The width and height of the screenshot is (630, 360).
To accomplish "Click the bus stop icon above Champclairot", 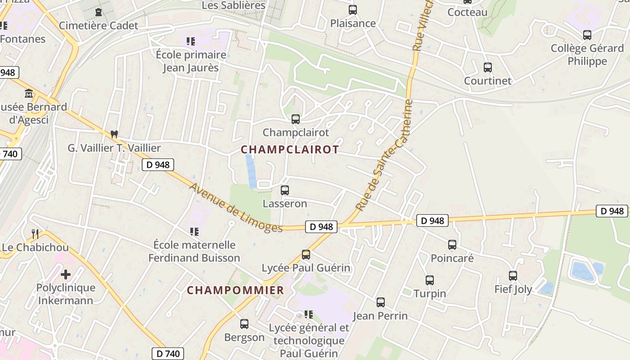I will coord(295,119).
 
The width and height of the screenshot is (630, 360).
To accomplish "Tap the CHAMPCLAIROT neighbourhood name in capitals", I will coord(290,150).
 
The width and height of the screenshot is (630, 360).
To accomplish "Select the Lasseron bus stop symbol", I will coord(284,190).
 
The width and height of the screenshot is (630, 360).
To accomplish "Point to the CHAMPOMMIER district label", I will coord(235,290).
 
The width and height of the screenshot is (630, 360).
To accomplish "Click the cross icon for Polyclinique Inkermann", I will coord(66,274).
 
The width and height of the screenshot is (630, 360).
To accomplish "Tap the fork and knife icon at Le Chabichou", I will coord(35,234).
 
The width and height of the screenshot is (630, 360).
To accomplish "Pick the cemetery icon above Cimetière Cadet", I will coord(99,12).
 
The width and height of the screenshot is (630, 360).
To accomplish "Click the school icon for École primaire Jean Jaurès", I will coord(191,41).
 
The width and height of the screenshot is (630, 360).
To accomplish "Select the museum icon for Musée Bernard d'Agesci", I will coord(29,94).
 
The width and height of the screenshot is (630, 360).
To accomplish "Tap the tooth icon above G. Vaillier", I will coord(114,134).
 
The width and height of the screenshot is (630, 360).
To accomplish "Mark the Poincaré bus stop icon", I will coord(452,245).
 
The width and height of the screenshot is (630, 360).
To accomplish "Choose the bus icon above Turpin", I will coord(429,280).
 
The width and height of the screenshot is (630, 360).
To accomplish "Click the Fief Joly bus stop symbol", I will coord(513,276).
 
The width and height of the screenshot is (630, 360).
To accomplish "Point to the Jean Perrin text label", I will coord(380,316).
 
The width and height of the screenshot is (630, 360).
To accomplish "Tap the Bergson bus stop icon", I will coord(244,324).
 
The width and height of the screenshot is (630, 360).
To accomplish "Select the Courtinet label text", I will coord(488,81).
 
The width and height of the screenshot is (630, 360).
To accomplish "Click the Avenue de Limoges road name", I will coord(236,208).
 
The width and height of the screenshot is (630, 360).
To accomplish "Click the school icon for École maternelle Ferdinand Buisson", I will coord(194,232).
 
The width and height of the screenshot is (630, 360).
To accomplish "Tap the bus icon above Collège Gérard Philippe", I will coord(587,35).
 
